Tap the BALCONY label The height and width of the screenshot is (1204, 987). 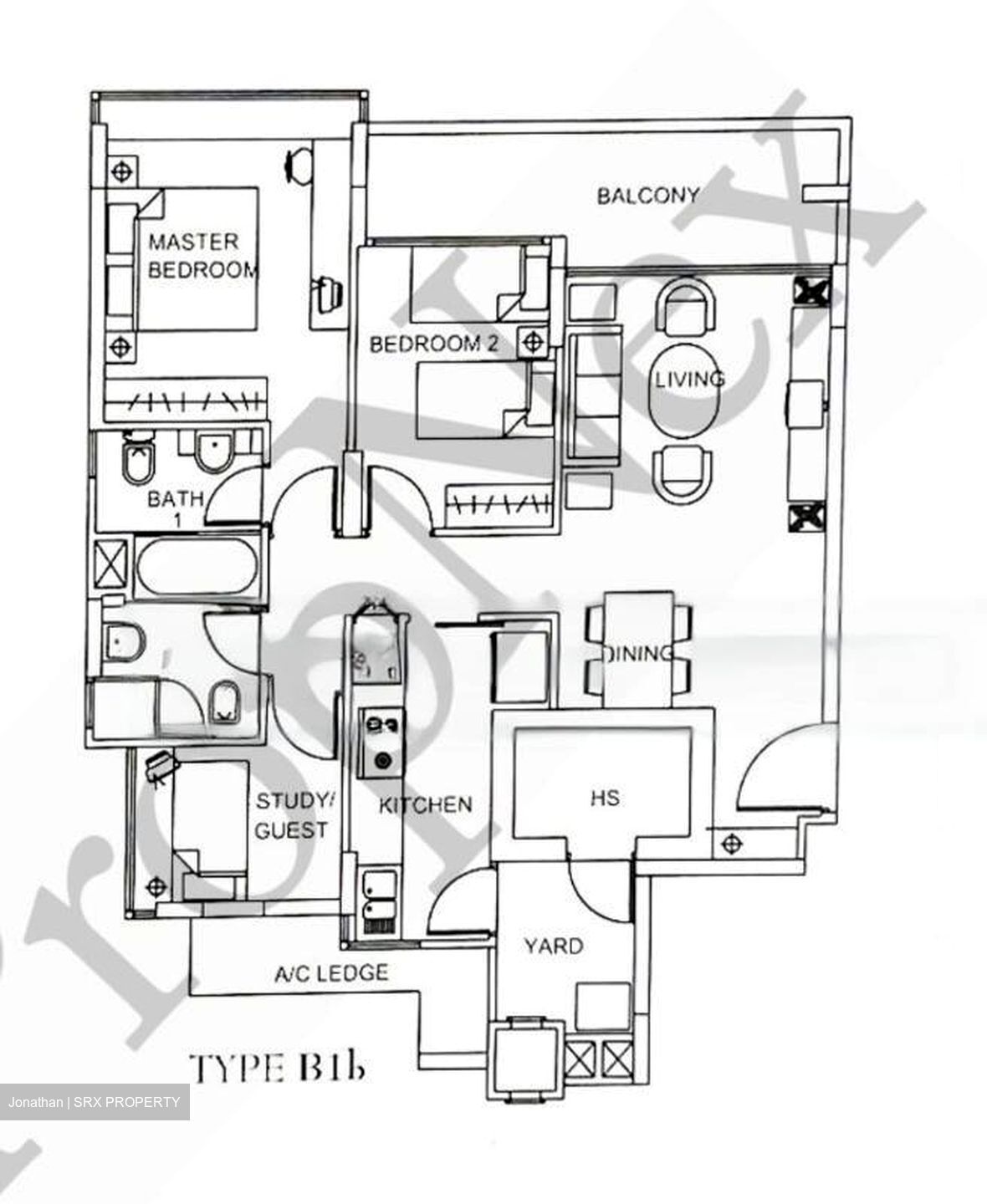647,196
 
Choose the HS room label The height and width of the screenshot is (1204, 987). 604,798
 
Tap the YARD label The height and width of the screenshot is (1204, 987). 553,946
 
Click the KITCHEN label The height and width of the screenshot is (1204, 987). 425,804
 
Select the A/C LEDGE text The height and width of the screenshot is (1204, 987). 331,973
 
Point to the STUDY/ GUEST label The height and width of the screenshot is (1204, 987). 294,815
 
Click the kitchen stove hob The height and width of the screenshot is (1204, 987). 381,741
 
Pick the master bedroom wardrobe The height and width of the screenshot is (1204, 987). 185,401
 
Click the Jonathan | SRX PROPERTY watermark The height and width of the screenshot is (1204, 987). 94,1102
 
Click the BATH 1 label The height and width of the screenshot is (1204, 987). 175,507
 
